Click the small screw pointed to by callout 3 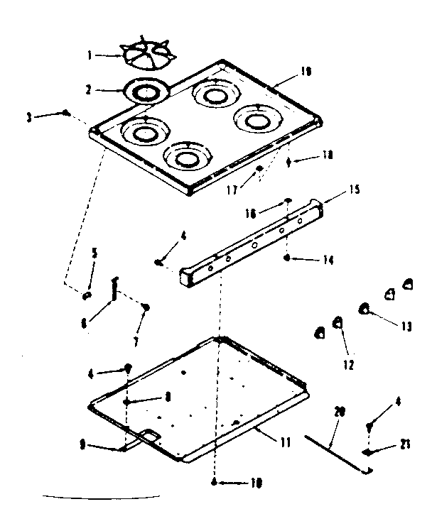click(x=66, y=112)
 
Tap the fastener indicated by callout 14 click(x=287, y=258)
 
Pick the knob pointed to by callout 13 click(x=365, y=308)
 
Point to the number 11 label click(x=284, y=442)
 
